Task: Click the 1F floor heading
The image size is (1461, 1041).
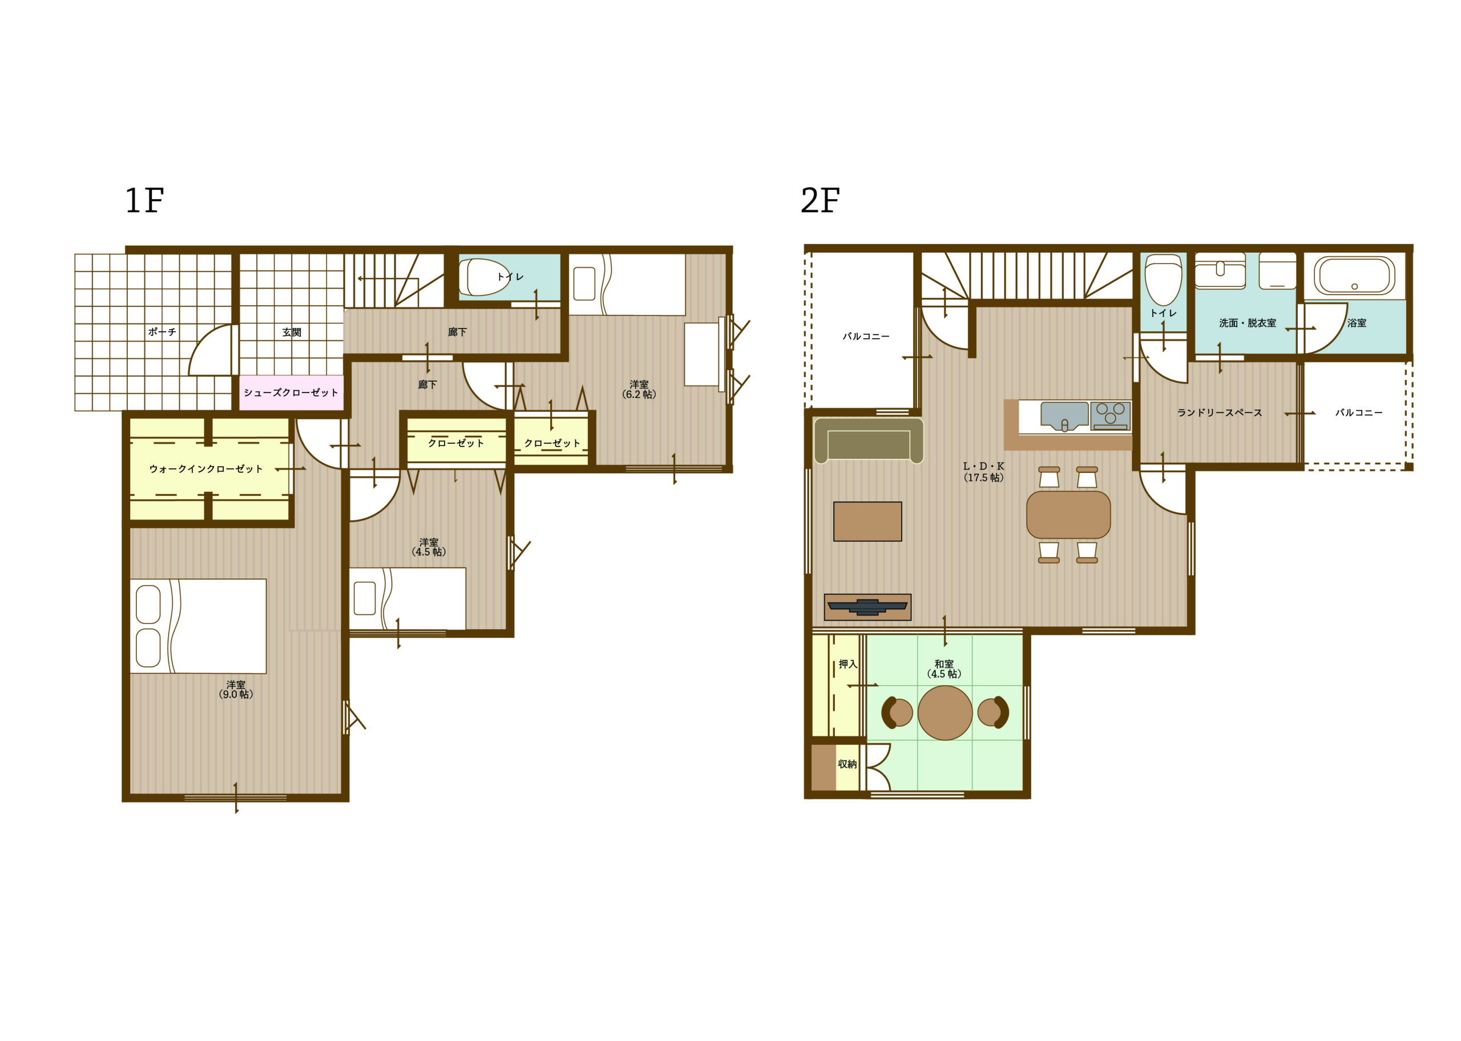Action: pos(144,201)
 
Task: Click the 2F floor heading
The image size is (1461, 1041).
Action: pos(820,201)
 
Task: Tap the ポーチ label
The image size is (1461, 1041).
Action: pos(162,332)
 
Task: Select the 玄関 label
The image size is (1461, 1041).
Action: pos(292,332)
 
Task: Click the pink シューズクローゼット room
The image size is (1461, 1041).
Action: pos(291,392)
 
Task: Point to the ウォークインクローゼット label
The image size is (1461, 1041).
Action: pos(206,468)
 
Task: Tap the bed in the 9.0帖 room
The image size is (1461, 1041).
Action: pos(197,626)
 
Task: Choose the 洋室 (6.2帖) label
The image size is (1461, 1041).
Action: pos(639,389)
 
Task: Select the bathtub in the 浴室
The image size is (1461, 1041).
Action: pos(1354,276)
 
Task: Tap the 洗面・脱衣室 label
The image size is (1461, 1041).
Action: pos(1248,323)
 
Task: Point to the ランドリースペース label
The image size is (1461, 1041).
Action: pos(1219,413)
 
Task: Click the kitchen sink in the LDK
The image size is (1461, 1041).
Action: pos(1064,415)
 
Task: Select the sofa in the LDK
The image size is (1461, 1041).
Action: pos(869,441)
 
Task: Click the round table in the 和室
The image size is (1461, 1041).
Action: pos(945,712)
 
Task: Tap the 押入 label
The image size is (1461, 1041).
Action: pos(847,664)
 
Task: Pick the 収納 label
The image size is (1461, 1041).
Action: pos(847,764)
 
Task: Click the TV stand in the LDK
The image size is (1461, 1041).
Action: pos(867,607)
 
